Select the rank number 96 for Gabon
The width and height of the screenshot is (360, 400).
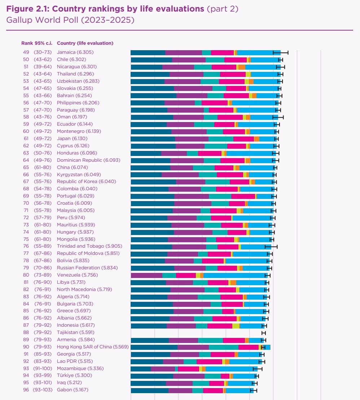[26, 390]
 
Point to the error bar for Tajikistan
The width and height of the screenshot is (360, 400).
[264, 332]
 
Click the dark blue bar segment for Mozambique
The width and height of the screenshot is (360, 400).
[141, 369]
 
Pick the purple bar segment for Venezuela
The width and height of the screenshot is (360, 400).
[146, 275]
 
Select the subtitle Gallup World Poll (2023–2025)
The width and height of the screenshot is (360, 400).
[70, 19]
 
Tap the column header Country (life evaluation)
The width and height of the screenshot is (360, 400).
[85, 43]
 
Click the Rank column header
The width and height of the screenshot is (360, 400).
[27, 43]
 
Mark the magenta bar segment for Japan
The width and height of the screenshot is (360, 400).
[243, 139]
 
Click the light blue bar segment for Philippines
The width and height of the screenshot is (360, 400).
[254, 103]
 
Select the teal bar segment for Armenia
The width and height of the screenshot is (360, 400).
[210, 340]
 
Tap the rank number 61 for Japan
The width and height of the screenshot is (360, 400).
[26, 139]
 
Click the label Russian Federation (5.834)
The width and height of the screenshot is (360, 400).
[87, 268]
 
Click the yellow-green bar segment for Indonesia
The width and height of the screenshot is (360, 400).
[236, 325]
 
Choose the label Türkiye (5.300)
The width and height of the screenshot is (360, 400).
[71, 375]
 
